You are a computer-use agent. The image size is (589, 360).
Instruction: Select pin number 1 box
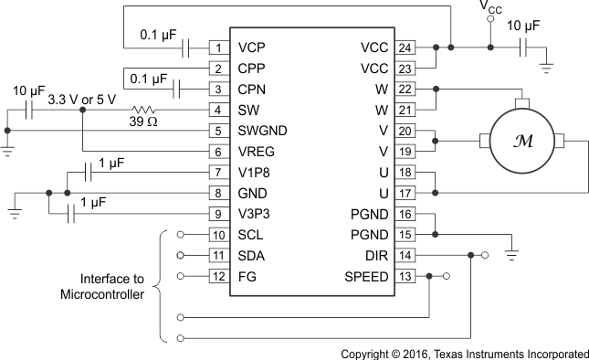[218, 47]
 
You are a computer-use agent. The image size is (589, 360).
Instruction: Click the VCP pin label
[252, 47]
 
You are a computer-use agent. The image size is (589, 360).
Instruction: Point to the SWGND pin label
[263, 131]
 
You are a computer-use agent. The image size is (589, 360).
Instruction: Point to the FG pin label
[247, 276]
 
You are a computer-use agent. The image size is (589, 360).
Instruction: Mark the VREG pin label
[257, 152]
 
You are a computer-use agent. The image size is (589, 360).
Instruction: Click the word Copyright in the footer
[367, 352]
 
